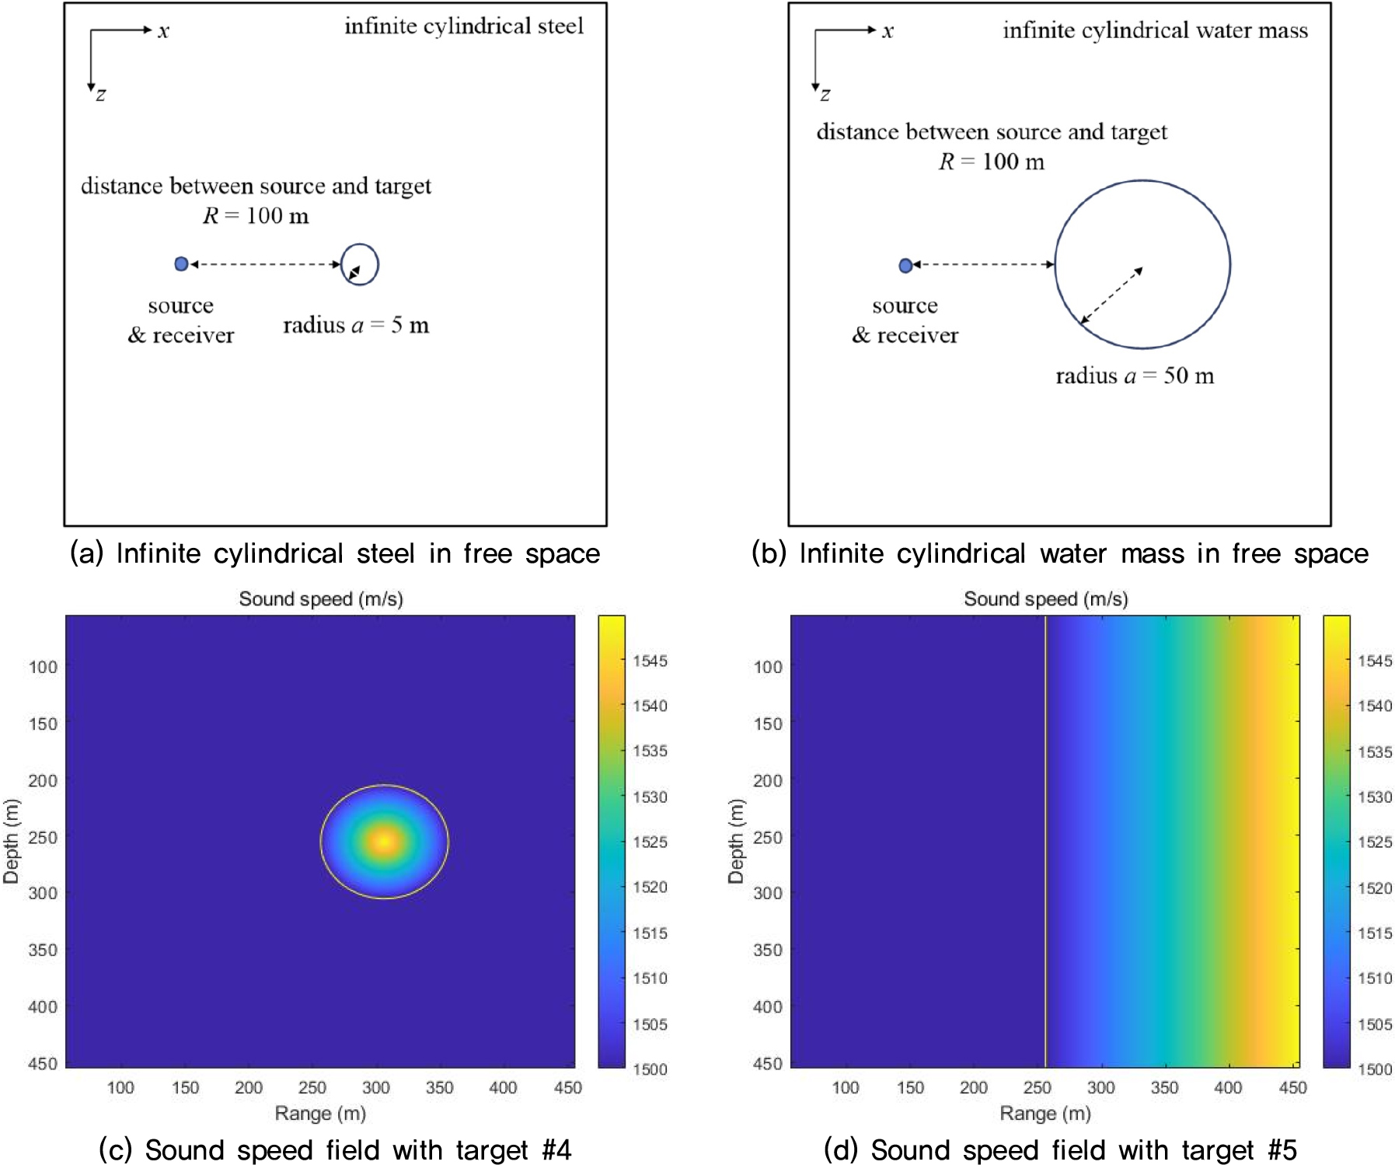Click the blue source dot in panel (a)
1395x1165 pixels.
click(181, 264)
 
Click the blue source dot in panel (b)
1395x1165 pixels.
click(905, 266)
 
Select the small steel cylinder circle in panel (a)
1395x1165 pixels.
click(360, 264)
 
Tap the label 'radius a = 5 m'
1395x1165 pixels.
click(356, 325)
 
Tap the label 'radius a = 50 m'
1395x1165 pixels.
click(1135, 376)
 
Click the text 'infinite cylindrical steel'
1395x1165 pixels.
click(464, 26)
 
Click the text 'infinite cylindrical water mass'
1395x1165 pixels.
click(1155, 30)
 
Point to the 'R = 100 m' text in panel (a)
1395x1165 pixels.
click(256, 215)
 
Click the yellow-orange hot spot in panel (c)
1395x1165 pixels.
click(384, 841)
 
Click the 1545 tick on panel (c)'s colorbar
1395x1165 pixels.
click(650, 661)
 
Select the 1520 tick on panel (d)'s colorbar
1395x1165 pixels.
click(1375, 888)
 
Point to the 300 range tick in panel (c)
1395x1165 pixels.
click(376, 1087)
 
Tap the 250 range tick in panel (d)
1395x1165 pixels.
click(1038, 1087)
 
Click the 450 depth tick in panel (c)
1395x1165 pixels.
click(43, 1063)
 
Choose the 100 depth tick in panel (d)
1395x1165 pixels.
click(768, 667)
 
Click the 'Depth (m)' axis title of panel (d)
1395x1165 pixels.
click(735, 841)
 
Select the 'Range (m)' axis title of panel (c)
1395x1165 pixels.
click(320, 1114)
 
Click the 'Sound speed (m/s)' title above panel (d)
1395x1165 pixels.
click(1045, 599)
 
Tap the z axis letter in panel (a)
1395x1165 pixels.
click(101, 95)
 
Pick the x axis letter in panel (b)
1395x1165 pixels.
click(888, 31)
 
